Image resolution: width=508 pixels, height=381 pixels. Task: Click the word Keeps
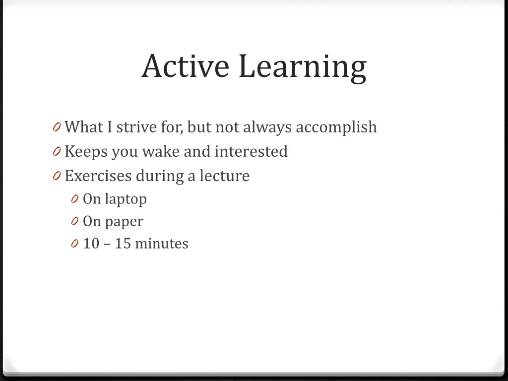86,151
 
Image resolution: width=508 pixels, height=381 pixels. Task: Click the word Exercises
98,176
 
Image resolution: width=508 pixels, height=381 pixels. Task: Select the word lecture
224,176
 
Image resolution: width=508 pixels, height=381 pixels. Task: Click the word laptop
126,199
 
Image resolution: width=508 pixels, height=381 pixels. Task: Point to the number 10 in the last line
91,244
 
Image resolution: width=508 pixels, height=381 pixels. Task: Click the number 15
123,244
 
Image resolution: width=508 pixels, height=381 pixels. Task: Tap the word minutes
162,244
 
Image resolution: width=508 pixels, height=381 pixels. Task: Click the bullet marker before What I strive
56,127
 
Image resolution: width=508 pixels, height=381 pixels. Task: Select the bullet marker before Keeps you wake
56,152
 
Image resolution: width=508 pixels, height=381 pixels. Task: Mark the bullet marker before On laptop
74,199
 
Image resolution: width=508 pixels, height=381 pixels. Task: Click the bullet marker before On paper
74,222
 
